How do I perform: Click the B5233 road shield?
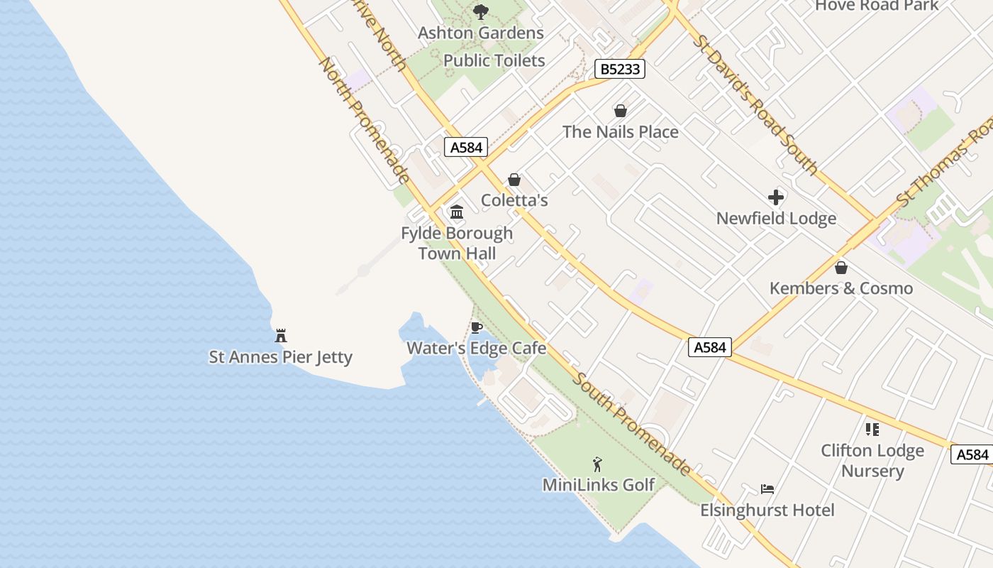point(619,69)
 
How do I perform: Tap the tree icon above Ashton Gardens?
point(480,11)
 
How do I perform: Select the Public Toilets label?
point(494,60)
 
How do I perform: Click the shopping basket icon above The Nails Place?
point(621,111)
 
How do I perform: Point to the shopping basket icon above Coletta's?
point(514,180)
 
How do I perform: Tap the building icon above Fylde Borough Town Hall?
point(457,212)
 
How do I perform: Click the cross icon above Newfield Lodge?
point(776,197)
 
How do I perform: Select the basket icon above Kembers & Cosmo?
point(841,268)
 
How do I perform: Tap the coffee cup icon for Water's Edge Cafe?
point(477,327)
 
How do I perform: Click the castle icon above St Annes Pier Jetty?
point(281,335)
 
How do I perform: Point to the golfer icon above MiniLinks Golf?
point(598,464)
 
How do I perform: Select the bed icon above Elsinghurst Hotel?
point(767,489)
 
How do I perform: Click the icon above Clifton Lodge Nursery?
point(872,430)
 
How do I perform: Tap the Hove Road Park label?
point(877,6)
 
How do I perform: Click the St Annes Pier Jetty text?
point(280,356)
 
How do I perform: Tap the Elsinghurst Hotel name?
point(767,510)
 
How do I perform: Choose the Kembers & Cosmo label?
point(841,288)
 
